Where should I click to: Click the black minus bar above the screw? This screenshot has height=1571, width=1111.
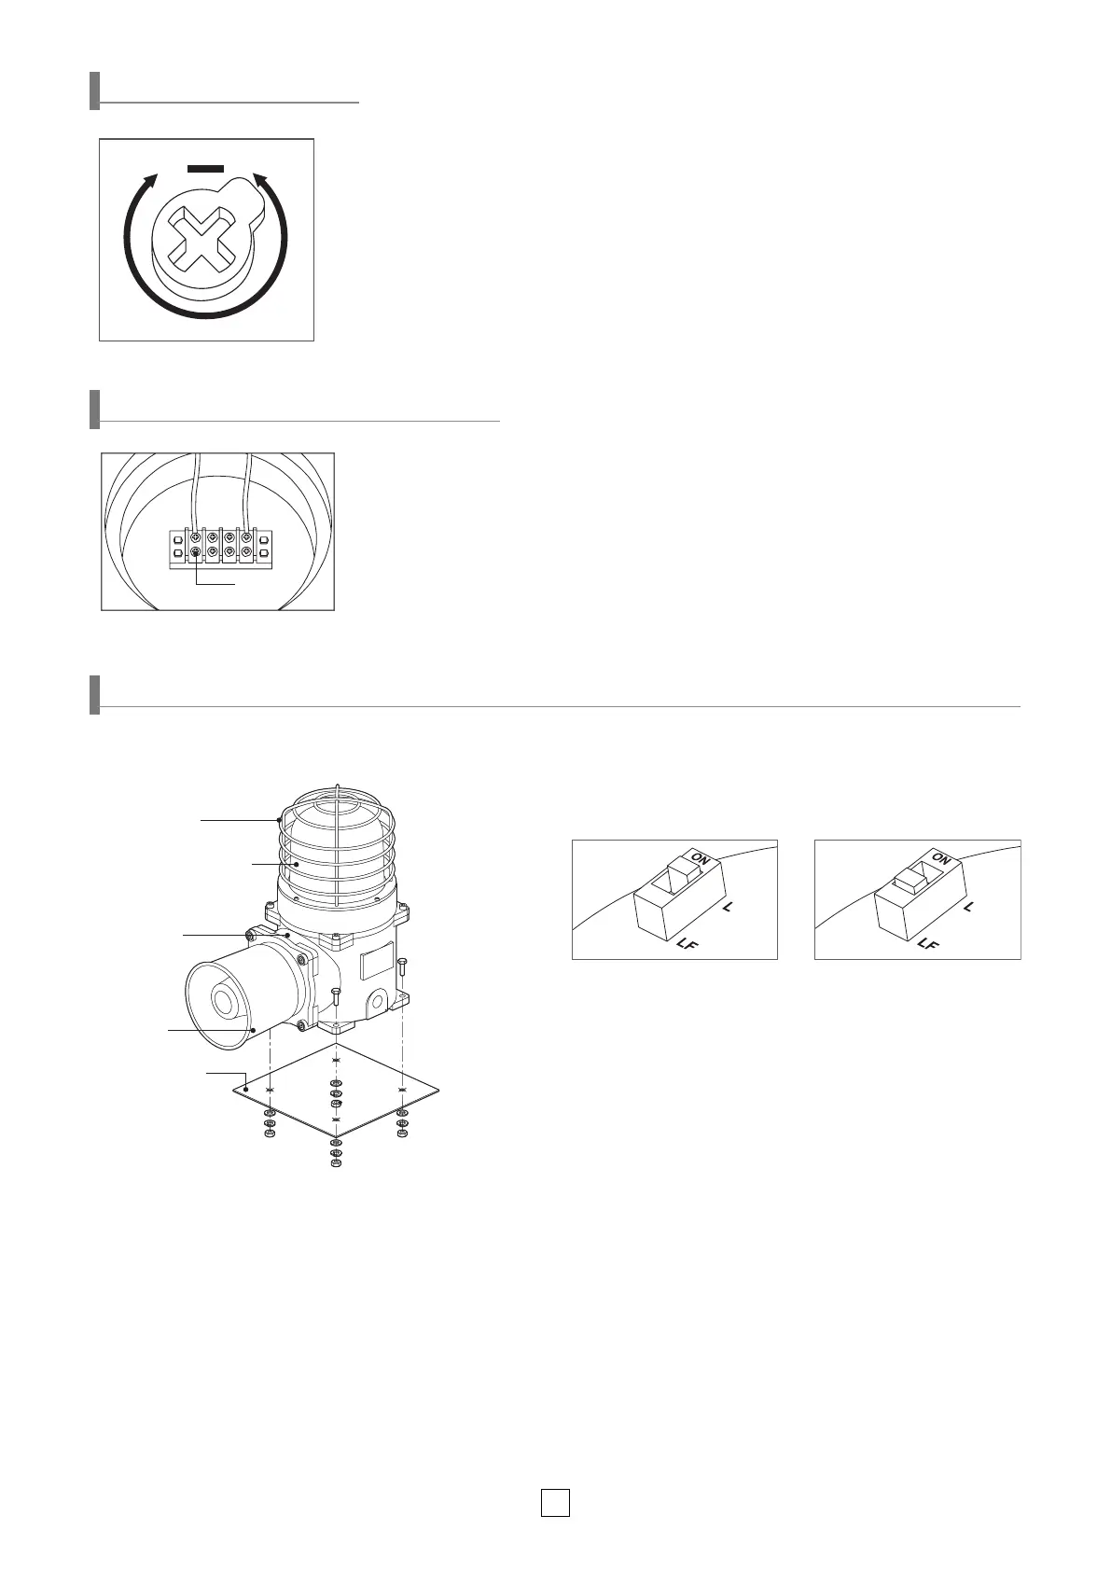click(205, 169)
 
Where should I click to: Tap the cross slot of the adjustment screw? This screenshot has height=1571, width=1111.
click(199, 241)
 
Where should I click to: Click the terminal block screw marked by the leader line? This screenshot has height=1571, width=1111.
click(196, 553)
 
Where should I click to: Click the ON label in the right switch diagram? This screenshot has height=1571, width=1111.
click(941, 857)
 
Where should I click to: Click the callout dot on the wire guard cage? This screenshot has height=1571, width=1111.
click(280, 820)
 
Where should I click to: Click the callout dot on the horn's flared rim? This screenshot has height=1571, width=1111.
click(253, 1029)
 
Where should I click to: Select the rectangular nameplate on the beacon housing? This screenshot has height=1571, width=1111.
click(377, 961)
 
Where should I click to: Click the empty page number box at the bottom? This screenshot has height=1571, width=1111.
click(555, 1503)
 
